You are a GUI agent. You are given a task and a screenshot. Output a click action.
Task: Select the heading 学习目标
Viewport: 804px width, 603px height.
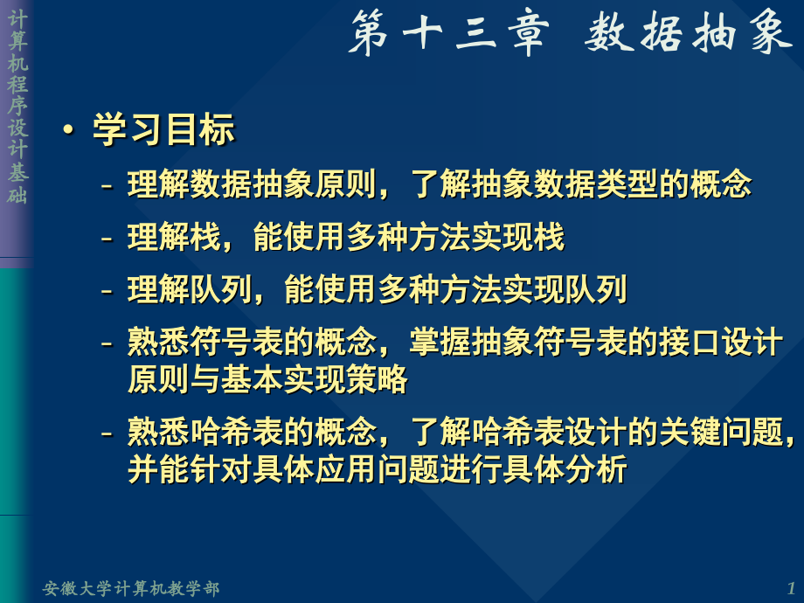coord(163,131)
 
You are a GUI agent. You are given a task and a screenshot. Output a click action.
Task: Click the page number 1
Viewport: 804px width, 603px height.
coord(791,588)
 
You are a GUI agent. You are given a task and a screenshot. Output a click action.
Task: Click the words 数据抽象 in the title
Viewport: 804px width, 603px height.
coord(688,36)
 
